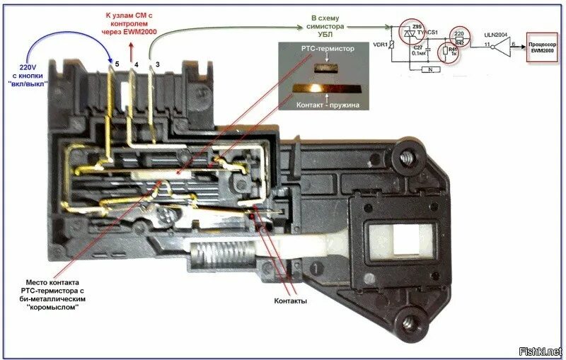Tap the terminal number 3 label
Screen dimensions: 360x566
click(x=157, y=65)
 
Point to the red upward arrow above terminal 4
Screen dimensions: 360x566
click(x=131, y=50)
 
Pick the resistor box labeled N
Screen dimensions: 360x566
click(x=427, y=70)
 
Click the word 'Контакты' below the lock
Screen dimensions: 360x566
click(x=290, y=301)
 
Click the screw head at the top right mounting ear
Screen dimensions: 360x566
click(x=408, y=157)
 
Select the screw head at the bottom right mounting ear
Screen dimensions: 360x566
click(x=408, y=325)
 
